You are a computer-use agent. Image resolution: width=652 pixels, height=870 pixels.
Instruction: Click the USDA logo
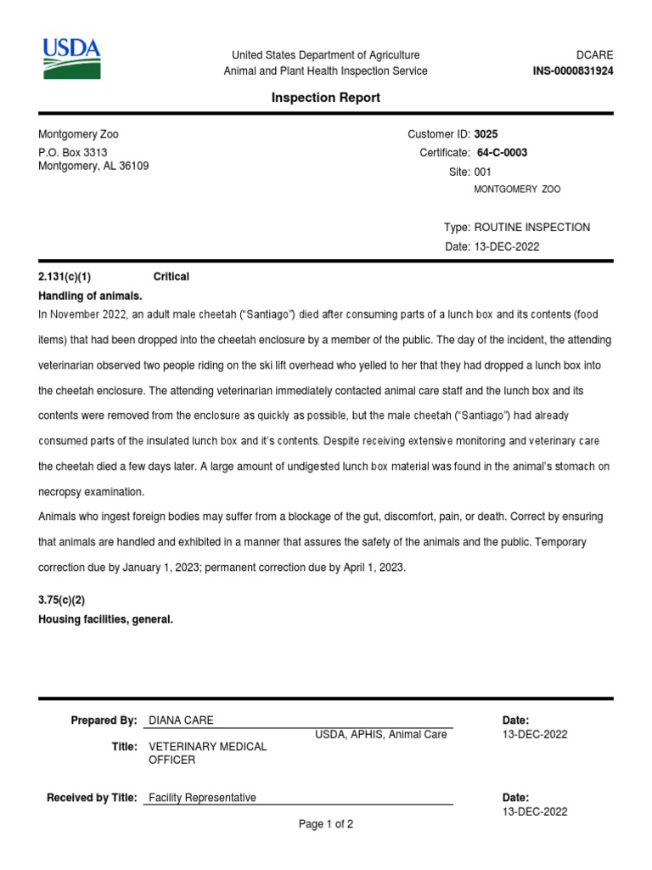(x=72, y=59)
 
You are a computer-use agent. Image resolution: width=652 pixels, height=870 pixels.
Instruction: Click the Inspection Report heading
(x=325, y=98)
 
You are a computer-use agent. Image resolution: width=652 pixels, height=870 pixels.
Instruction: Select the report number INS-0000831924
(x=572, y=71)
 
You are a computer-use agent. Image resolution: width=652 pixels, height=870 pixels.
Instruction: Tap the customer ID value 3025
(x=486, y=134)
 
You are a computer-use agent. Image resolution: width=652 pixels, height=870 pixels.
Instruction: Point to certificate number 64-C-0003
(x=502, y=153)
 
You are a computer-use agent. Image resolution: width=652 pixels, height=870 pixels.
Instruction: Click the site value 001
(x=482, y=172)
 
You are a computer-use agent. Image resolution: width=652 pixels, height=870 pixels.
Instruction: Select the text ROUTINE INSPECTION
(x=531, y=228)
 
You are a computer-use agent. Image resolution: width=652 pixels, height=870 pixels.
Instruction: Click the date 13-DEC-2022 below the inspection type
(x=506, y=246)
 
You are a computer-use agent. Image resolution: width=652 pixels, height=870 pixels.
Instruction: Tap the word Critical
(x=171, y=277)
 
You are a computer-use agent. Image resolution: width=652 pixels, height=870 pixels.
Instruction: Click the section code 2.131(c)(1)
(x=65, y=277)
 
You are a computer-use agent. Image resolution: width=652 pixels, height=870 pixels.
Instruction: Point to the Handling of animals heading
(x=91, y=296)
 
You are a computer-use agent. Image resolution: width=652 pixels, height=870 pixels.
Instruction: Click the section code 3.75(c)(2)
(x=62, y=600)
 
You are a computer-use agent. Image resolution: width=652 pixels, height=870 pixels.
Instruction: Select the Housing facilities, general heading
(x=105, y=619)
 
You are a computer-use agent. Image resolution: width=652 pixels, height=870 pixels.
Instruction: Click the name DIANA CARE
(x=181, y=720)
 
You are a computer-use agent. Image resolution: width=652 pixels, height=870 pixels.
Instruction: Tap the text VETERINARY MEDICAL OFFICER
(x=207, y=753)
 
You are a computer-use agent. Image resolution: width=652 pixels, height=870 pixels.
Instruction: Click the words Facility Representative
(x=202, y=798)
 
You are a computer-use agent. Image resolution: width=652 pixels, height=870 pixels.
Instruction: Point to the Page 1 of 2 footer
(x=326, y=824)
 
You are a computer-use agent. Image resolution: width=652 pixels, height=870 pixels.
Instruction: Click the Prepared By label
(x=104, y=720)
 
